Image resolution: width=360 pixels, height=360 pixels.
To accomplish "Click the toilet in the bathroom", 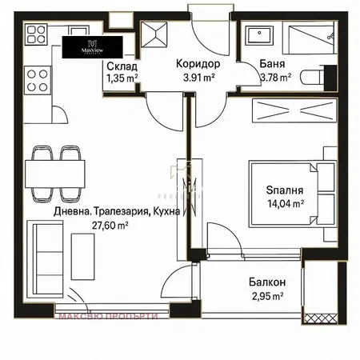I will click(322, 76).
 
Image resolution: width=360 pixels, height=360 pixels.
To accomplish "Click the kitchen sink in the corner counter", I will click(36, 34).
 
